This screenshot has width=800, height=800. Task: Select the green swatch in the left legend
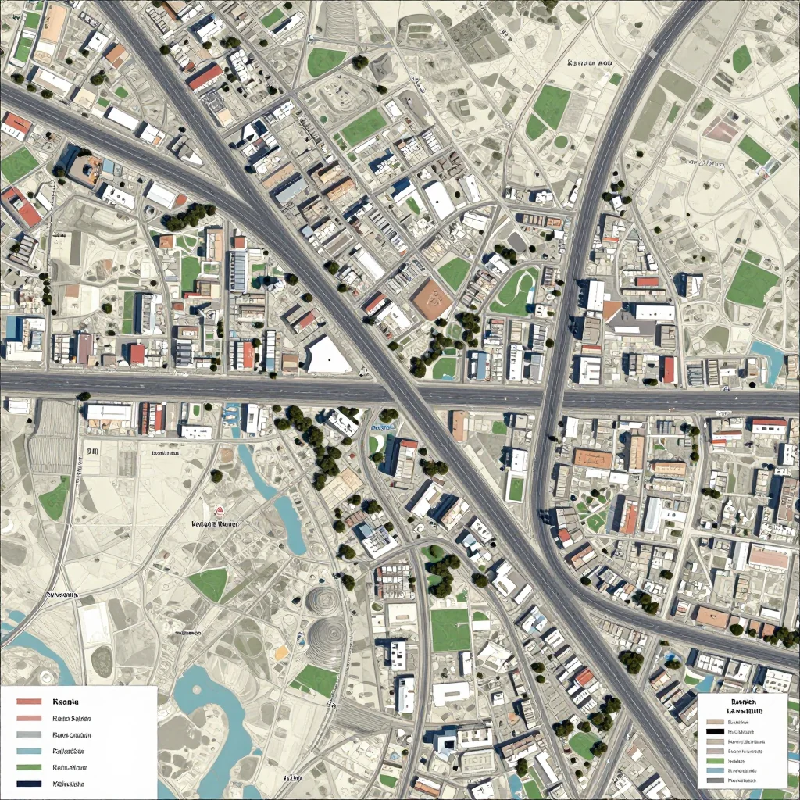[28, 767]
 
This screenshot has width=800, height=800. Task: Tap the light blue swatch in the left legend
[28, 751]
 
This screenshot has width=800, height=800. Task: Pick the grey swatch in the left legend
[28, 734]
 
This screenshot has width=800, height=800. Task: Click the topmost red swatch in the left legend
[28, 702]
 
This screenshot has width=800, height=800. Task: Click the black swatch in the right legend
[715, 731]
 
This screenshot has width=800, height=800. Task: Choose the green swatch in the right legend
[715, 760]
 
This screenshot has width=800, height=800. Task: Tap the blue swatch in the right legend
[715, 770]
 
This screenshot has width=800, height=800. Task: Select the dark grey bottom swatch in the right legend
[715, 780]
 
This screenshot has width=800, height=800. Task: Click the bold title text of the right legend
[742, 707]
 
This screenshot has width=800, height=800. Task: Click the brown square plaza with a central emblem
[432, 299]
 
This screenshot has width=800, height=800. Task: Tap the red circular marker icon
[220, 509]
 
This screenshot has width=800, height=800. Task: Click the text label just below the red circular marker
[215, 524]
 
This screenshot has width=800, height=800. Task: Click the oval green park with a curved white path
[516, 291]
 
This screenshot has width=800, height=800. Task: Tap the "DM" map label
[92, 452]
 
